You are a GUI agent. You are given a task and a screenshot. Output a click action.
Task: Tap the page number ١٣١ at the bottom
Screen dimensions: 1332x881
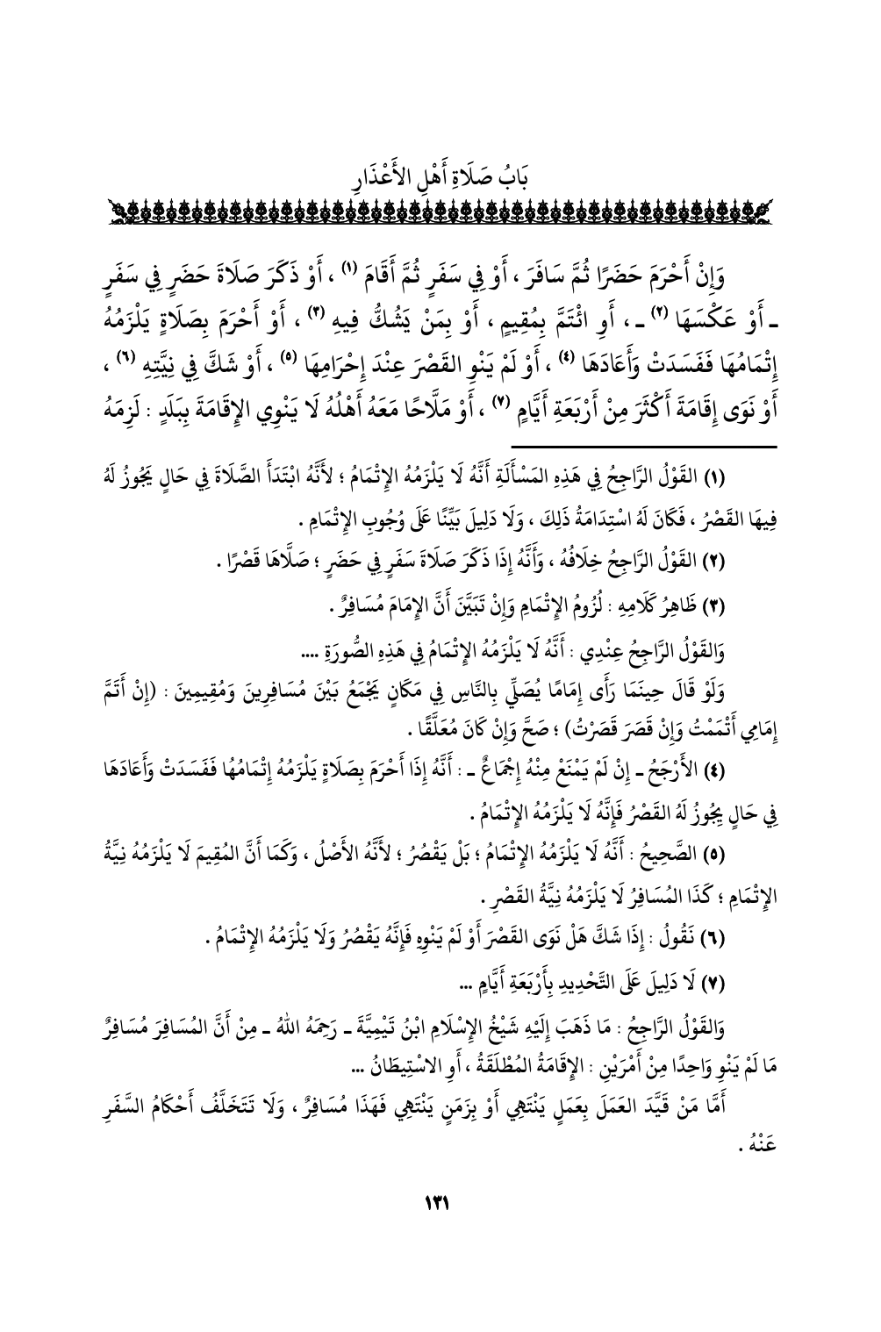tap(439, 1204)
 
